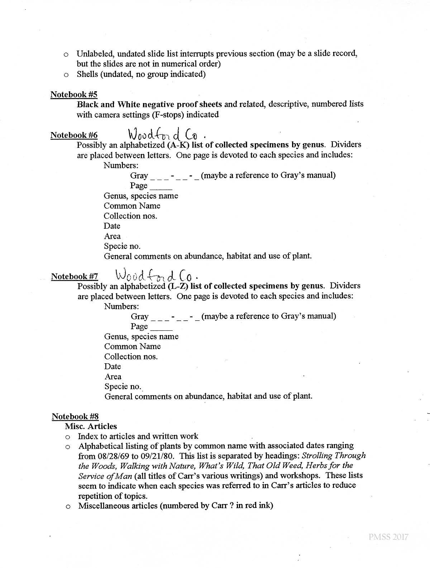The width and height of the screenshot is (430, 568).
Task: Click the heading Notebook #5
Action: (74, 94)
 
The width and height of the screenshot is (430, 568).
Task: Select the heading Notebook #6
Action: (74, 135)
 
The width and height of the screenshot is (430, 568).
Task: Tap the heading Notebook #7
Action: (75, 276)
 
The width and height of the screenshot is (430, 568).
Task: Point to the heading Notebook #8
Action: (75, 416)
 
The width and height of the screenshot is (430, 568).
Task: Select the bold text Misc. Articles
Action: (91, 426)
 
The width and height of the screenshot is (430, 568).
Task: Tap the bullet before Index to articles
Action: (67, 437)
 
